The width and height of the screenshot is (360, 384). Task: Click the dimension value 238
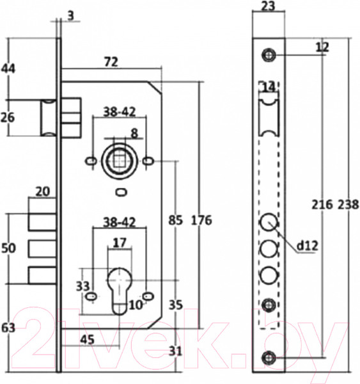(348, 205)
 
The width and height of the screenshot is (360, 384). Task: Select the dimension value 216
(322, 205)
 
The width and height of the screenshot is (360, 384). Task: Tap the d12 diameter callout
(308, 246)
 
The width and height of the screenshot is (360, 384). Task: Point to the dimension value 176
(201, 220)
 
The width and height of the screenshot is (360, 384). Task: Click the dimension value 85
(175, 220)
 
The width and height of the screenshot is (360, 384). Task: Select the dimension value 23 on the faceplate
(268, 6)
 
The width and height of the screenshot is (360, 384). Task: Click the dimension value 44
(8, 68)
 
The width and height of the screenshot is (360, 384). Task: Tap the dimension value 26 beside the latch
(8, 117)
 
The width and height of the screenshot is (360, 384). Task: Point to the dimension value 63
(8, 328)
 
